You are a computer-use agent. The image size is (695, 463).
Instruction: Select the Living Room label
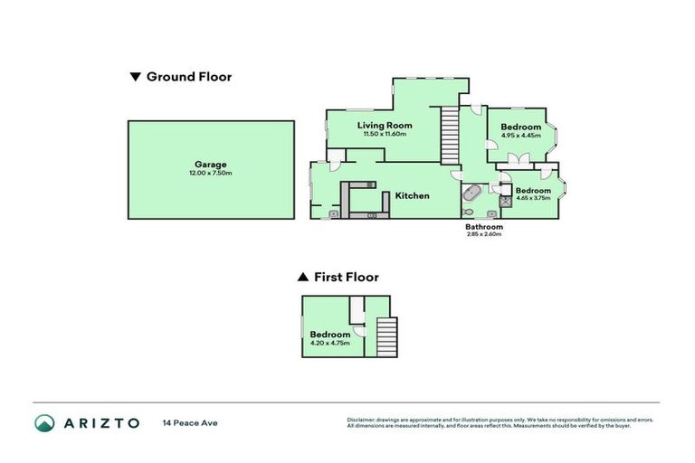[x=385, y=126]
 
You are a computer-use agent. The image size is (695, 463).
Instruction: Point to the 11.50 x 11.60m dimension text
[x=385, y=134]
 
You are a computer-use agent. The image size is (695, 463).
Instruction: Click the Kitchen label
[x=411, y=195]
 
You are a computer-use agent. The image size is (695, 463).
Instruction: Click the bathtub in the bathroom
[x=471, y=194]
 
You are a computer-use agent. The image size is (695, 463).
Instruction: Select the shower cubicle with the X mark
[x=505, y=202]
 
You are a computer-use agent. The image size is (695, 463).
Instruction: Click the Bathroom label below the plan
[x=483, y=226]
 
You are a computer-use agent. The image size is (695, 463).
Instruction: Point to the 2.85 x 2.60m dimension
[x=483, y=234]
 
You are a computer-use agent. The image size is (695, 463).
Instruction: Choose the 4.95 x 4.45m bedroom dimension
[x=521, y=136]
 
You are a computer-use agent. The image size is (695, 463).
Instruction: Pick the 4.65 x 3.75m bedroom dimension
[x=533, y=198]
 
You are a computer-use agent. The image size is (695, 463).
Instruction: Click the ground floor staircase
[x=450, y=134]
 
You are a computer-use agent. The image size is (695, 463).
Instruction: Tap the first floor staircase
[x=386, y=336]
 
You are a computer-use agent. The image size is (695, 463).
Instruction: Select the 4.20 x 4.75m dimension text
[x=329, y=343]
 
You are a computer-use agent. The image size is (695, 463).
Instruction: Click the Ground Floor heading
[x=189, y=77]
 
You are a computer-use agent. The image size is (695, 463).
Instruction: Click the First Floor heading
[x=346, y=277]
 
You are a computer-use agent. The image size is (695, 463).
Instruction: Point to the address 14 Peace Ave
[x=190, y=422]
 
